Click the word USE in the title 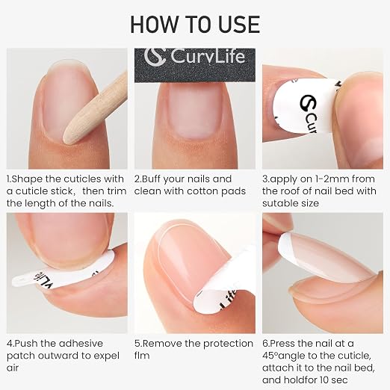tap(239, 24)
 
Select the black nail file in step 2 tap(195, 65)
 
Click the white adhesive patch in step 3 tap(305, 107)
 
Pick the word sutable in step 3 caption tap(278, 203)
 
